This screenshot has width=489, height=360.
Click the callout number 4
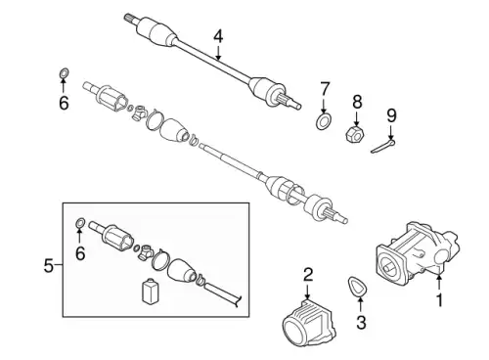click(x=218, y=36)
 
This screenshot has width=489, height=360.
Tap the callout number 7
click(x=325, y=89)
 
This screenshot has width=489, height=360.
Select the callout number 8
click(x=357, y=102)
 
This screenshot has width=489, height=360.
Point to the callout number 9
click(x=391, y=115)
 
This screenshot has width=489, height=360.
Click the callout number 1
click(x=440, y=300)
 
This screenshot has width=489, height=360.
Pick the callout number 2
click(x=308, y=275)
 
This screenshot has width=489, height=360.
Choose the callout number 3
click(x=361, y=322)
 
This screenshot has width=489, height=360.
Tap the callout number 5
click(x=48, y=266)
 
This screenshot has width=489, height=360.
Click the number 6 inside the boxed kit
click(x=80, y=253)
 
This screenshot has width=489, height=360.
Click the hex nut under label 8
click(x=355, y=135)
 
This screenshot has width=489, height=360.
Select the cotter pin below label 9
click(x=383, y=146)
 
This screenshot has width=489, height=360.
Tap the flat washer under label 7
click(x=323, y=121)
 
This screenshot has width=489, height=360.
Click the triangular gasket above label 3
click(x=358, y=286)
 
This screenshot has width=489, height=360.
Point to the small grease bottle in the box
click(x=149, y=292)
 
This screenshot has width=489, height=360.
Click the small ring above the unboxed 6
click(x=65, y=73)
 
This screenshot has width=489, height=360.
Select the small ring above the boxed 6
click(x=80, y=223)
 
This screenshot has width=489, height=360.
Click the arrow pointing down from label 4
click(x=218, y=53)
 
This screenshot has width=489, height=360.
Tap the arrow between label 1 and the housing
click(x=439, y=283)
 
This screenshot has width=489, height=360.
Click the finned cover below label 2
click(x=308, y=323)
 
